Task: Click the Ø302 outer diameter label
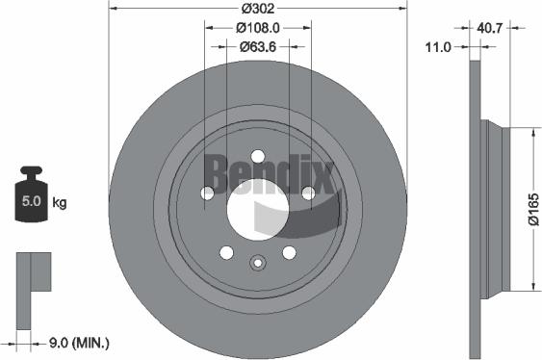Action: pyautogui.click(x=257, y=8)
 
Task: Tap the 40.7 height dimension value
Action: pyautogui.click(x=491, y=28)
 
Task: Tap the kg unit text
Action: pyautogui.click(x=60, y=203)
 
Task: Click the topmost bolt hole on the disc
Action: pyautogui.click(x=257, y=157)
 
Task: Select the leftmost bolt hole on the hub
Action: pyautogui.click(x=207, y=193)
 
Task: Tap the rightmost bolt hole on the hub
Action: pyautogui.click(x=308, y=193)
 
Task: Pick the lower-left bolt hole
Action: pyautogui.click(x=226, y=252)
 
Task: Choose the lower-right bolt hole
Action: pyautogui.click(x=288, y=252)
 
